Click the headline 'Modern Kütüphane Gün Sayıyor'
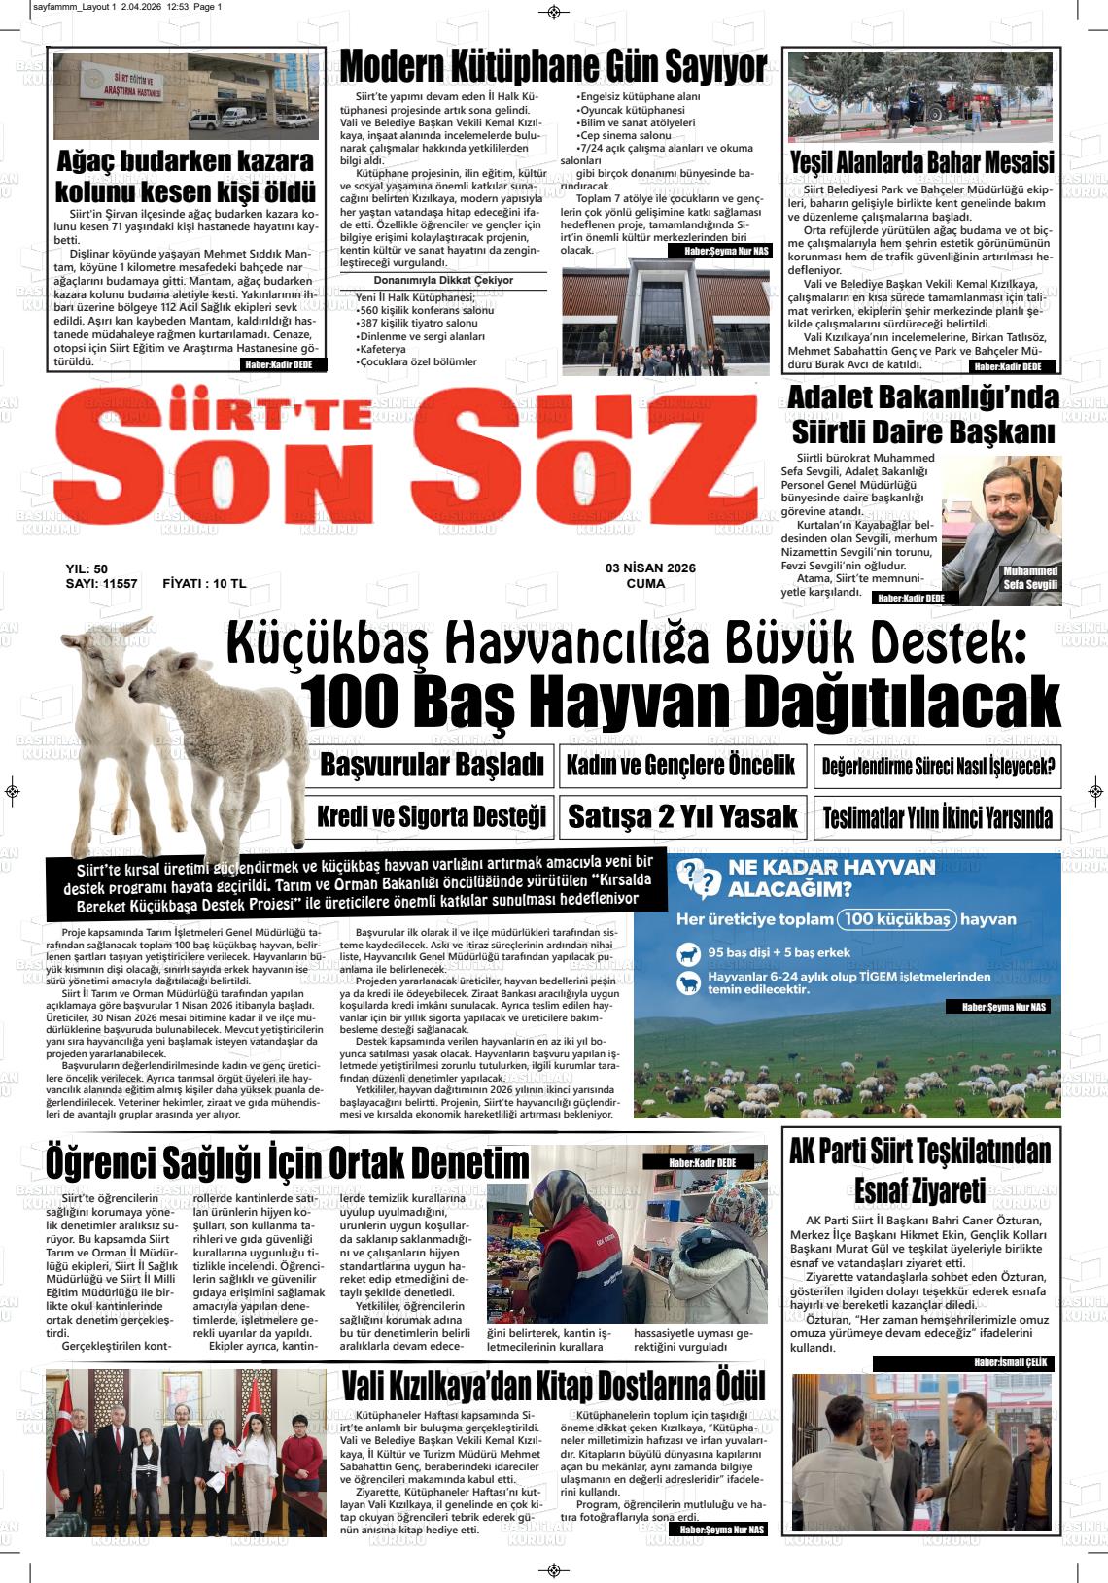tap(553, 67)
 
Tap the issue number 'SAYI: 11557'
tap(101, 584)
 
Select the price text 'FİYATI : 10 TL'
tap(204, 584)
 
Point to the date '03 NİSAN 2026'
tap(650, 568)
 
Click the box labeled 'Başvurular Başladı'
tap(432, 765)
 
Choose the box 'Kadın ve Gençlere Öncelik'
tap(681, 765)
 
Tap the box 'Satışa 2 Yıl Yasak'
tap(681, 816)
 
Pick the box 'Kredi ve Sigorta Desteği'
tap(432, 816)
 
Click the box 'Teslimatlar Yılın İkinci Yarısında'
tap(937, 817)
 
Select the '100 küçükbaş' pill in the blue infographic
tap(897, 919)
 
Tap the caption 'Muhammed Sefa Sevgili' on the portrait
tap(1031, 577)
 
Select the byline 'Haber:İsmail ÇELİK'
tap(1012, 1362)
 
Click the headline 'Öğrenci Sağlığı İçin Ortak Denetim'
tap(288, 1162)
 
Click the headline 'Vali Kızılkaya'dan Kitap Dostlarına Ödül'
tap(553, 1386)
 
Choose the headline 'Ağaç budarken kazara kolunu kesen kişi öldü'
tap(186, 175)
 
